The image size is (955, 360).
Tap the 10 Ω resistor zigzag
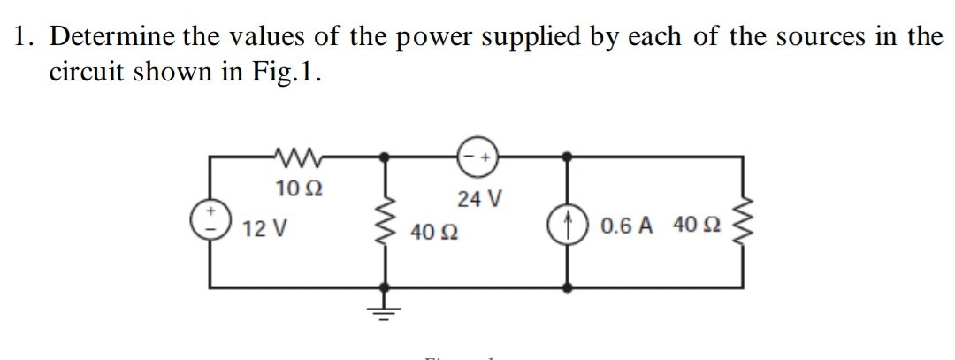pos(289,157)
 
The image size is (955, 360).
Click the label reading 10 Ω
pos(290,188)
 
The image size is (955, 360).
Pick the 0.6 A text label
pos(626,226)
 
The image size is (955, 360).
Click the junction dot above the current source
pos(568,157)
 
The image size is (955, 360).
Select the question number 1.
pos(23,37)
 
